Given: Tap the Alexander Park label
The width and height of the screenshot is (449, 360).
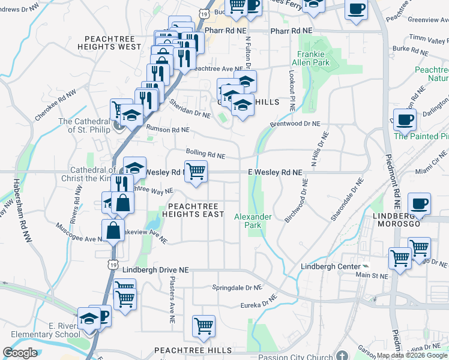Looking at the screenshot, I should [x=253, y=221].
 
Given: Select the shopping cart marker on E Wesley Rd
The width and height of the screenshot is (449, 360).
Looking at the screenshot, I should [x=196, y=172].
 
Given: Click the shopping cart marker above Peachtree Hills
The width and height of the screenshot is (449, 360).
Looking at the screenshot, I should [x=204, y=326].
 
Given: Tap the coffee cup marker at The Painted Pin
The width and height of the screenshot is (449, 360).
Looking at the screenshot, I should [x=405, y=119].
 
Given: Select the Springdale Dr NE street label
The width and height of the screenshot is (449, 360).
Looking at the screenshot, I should [x=238, y=288].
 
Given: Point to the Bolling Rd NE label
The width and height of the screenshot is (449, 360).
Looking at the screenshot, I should [x=205, y=155].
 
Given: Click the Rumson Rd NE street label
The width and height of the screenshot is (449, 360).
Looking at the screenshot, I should [x=168, y=130].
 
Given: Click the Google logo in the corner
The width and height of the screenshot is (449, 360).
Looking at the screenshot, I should [x=20, y=353].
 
